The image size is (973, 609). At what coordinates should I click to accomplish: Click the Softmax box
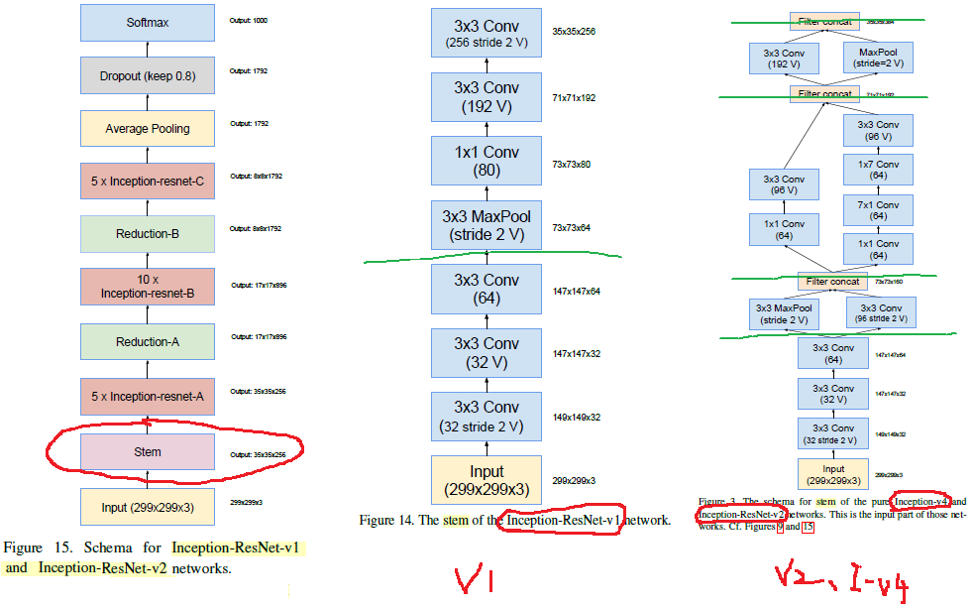(148, 22)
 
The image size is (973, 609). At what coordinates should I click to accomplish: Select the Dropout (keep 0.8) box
(148, 75)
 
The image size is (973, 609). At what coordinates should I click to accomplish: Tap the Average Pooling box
(148, 129)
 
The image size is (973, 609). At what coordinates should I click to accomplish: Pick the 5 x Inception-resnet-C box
(148, 182)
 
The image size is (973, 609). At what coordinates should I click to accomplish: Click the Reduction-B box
(148, 234)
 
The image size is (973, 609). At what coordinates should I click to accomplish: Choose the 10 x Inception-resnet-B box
(148, 287)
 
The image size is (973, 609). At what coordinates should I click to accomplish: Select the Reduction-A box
(148, 341)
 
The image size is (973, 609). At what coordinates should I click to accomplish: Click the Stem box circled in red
(148, 451)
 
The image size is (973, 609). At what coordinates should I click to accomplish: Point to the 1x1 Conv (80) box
(486, 162)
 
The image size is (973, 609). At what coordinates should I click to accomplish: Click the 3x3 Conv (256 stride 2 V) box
(486, 33)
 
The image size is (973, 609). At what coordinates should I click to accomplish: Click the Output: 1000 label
(249, 20)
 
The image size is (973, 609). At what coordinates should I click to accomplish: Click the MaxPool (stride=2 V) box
(878, 57)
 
